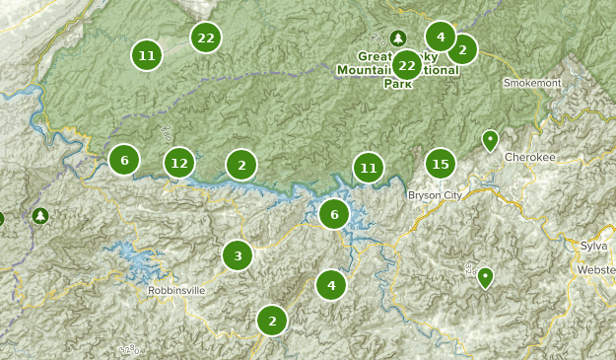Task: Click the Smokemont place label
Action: coord(531,83)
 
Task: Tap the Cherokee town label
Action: coord(529,157)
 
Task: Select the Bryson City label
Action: coord(435,195)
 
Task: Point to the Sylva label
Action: coord(593,245)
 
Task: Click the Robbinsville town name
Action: coord(176,291)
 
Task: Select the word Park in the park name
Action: coord(397,84)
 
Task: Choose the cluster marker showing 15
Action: coord(441,164)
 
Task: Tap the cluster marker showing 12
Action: coord(178,163)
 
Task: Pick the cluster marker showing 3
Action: coord(238,256)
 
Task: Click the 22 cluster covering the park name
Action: coord(407,66)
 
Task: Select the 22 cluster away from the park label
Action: coord(205,38)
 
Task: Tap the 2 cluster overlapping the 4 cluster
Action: coord(461,48)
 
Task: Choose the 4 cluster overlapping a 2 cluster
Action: coord(440,37)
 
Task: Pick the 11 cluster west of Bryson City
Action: coord(369,168)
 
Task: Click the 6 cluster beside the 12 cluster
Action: coord(124,160)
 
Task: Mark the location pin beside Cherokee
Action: coord(490,141)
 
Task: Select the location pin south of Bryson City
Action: coord(485,277)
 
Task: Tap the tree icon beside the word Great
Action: coord(397,38)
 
